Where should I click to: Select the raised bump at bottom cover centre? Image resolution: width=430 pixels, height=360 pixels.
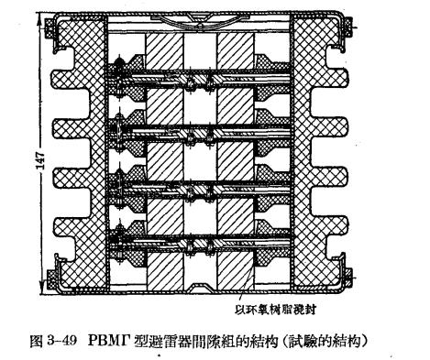click(x=201, y=291)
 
